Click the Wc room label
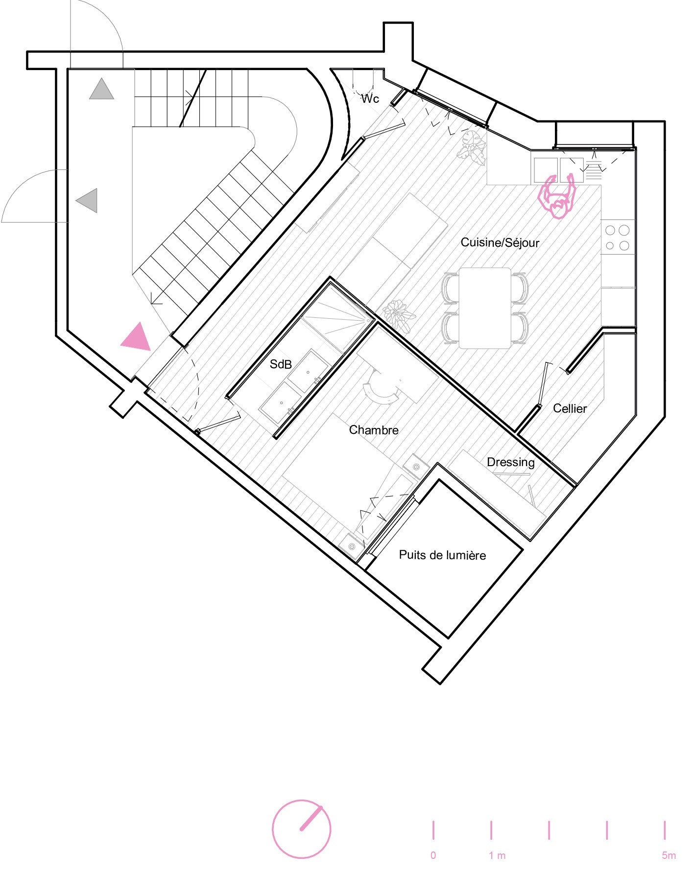370,99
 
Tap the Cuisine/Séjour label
500,242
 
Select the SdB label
281,364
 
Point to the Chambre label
374,430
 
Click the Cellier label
570,408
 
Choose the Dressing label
511,462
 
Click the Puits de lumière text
442,555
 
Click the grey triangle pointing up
101,89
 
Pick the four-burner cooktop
617,237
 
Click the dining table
485,308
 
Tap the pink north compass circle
302,829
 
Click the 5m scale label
669,855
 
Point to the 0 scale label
433,855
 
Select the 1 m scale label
497,855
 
